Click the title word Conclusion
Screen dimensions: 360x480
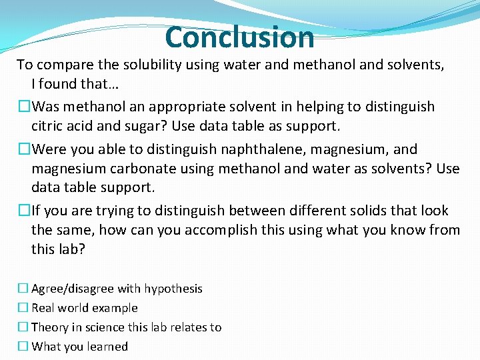pos(239,37)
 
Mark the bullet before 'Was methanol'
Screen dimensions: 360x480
pos(24,107)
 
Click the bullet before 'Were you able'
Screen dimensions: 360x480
pos(24,149)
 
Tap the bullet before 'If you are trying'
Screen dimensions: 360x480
pos(24,211)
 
